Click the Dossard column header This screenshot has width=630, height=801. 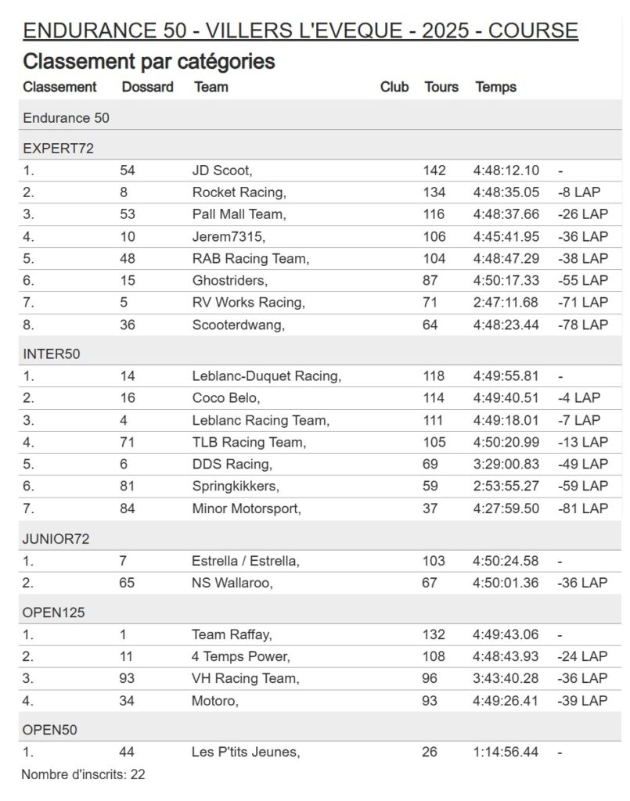147,87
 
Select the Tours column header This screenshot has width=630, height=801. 441,87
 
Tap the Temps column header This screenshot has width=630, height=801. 495,87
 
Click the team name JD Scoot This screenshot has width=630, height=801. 221,171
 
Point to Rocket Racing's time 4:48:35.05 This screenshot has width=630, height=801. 506,192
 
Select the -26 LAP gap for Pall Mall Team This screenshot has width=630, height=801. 582,214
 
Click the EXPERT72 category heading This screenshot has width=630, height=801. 59,148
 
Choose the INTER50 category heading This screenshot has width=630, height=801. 52,354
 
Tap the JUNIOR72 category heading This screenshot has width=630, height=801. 57,539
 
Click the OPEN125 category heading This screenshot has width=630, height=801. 54,612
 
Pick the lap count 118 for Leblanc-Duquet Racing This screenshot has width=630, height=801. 434,376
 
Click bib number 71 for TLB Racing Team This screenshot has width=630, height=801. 128,442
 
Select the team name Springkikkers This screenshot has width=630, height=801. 236,486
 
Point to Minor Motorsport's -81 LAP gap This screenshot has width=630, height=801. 582,508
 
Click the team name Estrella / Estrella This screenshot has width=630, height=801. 246,561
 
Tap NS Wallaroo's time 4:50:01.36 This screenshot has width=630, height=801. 506,583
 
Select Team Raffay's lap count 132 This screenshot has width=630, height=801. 434,634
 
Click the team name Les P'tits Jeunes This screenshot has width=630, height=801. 246,752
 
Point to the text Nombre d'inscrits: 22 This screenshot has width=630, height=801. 83,775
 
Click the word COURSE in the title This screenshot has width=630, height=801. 533,31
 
